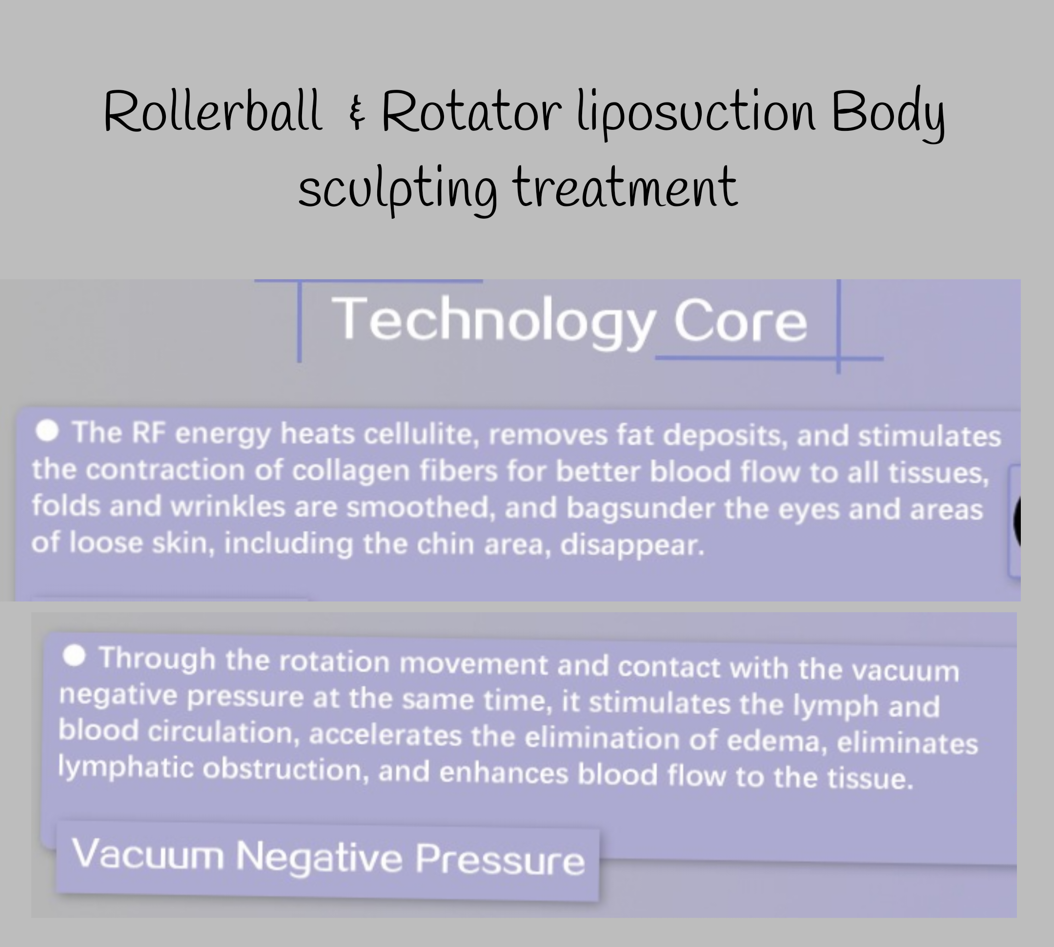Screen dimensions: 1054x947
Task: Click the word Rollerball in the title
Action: (212, 111)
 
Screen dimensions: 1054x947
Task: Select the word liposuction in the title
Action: (696, 115)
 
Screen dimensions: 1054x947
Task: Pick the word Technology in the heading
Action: (493, 321)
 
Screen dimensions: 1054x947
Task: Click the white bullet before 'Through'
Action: (74, 656)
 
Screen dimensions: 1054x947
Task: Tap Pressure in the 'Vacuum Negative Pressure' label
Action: (500, 860)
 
